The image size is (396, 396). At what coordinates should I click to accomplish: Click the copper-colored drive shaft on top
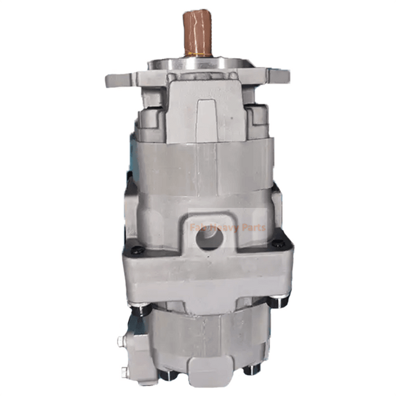point(197,31)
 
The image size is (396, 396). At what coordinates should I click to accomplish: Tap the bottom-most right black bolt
point(249,369)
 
